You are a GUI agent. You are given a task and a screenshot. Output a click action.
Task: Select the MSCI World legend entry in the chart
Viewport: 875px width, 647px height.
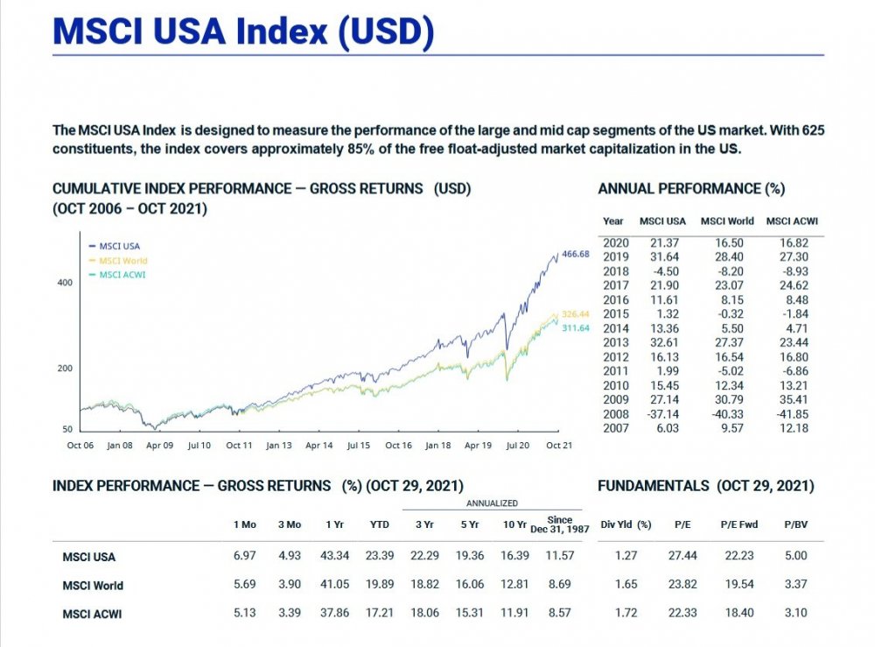click(x=123, y=260)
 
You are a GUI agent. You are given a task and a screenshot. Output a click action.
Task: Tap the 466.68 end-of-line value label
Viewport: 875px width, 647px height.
click(x=576, y=254)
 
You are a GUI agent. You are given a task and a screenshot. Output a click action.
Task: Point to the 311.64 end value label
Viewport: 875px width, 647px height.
click(x=576, y=327)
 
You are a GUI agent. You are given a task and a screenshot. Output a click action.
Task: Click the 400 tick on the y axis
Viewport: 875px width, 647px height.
click(x=66, y=284)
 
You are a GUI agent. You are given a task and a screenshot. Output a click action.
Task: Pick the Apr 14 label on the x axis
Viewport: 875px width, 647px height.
click(x=319, y=446)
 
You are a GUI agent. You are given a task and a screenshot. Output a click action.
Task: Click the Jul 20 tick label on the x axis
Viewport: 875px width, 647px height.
click(x=518, y=446)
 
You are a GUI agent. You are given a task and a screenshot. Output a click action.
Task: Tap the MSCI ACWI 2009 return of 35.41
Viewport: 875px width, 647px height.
click(x=793, y=400)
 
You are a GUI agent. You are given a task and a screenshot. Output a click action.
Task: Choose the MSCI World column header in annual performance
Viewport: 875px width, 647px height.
click(x=727, y=222)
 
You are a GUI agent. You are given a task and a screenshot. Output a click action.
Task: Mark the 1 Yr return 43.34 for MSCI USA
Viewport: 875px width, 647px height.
click(x=335, y=556)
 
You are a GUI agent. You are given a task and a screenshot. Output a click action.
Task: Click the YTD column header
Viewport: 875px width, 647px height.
click(x=379, y=524)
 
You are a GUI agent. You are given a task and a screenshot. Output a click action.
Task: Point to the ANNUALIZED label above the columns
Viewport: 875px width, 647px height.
click(x=491, y=503)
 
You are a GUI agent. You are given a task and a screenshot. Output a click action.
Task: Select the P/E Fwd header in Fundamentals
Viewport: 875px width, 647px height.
click(x=739, y=524)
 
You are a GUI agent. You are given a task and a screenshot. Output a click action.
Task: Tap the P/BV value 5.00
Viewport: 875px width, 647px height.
click(x=795, y=556)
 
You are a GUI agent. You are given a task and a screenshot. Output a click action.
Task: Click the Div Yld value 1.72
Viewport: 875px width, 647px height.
click(x=626, y=613)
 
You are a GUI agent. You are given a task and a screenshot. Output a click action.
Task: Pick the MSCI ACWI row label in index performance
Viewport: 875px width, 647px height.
click(x=92, y=614)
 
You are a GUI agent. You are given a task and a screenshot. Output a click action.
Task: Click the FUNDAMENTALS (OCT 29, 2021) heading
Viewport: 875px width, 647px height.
click(x=705, y=486)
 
